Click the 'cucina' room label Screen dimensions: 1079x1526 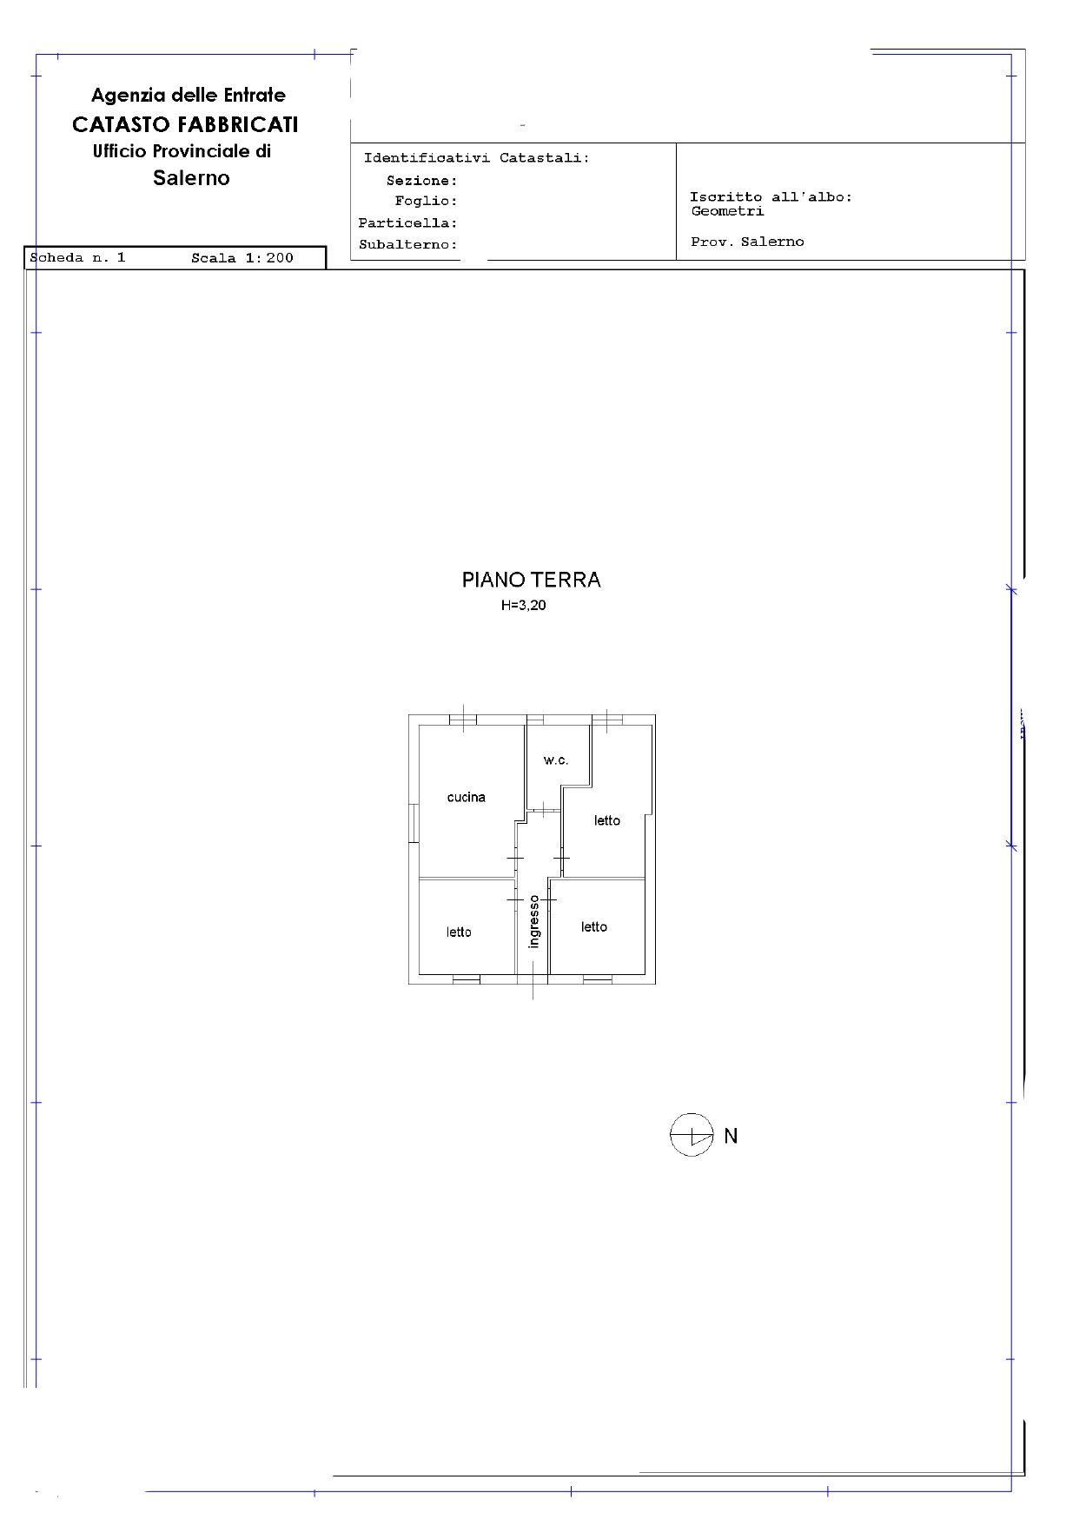[466, 797]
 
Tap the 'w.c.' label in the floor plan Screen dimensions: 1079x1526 [556, 760]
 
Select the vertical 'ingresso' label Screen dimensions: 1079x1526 [533, 921]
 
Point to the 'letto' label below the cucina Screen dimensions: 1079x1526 [459, 932]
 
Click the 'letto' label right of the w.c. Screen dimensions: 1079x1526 [607, 820]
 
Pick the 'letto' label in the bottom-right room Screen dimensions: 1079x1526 [594, 927]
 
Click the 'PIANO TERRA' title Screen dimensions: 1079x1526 [531, 580]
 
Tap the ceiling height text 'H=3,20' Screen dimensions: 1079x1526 [523, 606]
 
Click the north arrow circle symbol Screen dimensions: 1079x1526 [692, 1135]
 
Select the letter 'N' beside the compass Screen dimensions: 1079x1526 [731, 1136]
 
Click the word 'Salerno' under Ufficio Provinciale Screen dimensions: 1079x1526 [191, 178]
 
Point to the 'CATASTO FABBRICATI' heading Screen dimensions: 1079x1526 [185, 124]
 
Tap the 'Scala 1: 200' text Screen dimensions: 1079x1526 [242, 258]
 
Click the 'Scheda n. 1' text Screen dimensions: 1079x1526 [78, 258]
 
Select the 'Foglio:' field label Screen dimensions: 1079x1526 [427, 202]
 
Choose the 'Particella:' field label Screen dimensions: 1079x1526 [408, 223]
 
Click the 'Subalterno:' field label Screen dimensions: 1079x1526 [408, 245]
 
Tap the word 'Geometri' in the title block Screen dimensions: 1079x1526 [728, 211]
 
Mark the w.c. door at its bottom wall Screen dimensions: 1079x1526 [544, 810]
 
